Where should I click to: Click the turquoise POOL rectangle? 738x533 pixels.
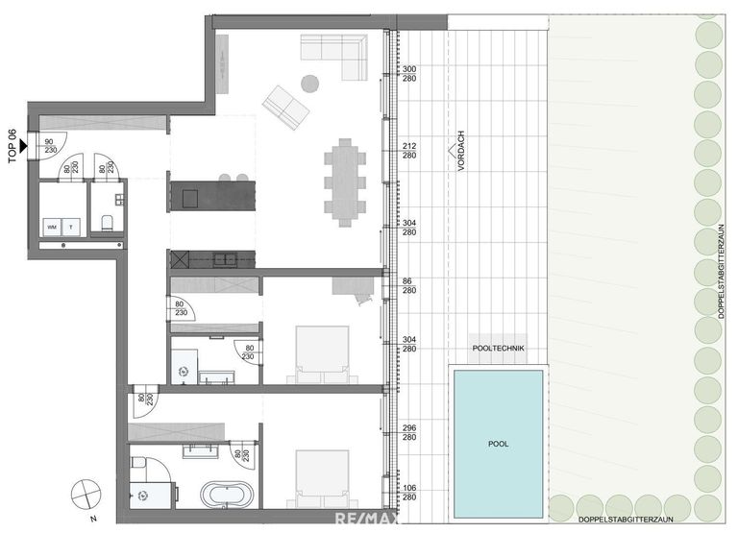tap(498, 443)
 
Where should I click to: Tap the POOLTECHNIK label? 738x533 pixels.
tap(498, 350)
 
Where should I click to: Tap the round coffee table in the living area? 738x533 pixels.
tap(310, 84)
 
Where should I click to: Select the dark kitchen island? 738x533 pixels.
tap(212, 196)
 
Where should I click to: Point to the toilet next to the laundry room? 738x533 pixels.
tap(108, 224)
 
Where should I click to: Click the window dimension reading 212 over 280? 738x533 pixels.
tap(408, 151)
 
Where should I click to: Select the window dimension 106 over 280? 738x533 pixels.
tap(408, 492)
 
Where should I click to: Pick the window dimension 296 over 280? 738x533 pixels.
tap(408, 433)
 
